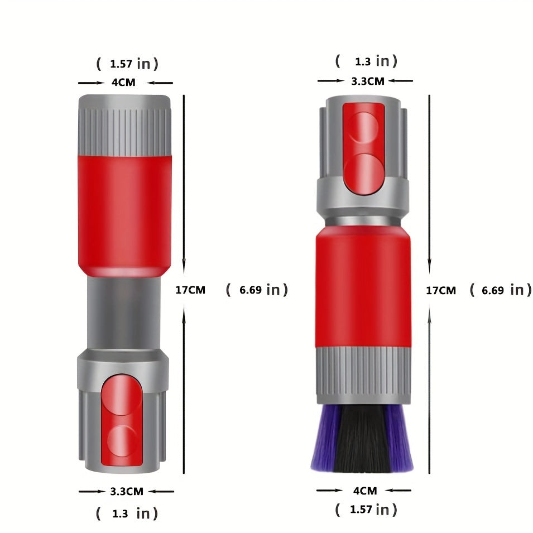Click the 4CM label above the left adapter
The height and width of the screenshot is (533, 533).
[x=123, y=82]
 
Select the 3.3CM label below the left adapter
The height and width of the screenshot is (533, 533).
[x=127, y=491]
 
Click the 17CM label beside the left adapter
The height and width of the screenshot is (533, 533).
[x=190, y=290]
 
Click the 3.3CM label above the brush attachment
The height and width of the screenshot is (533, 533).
[x=367, y=81]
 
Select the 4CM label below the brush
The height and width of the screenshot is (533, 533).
[x=365, y=491]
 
